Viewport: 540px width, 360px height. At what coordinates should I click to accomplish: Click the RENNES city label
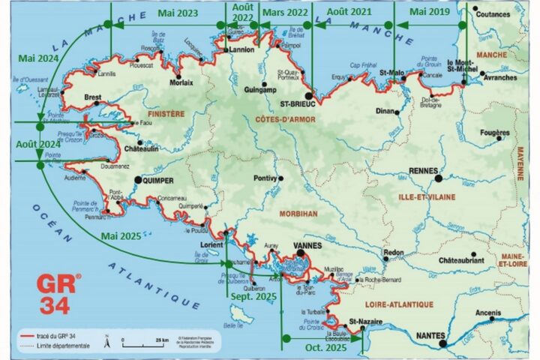(x=424, y=170)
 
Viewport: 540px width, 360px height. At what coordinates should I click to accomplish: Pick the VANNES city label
(x=312, y=244)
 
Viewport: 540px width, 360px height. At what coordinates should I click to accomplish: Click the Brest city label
(x=93, y=97)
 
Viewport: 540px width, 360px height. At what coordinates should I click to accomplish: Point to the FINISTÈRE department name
(x=166, y=114)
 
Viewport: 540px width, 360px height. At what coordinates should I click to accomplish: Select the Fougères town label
(x=494, y=132)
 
